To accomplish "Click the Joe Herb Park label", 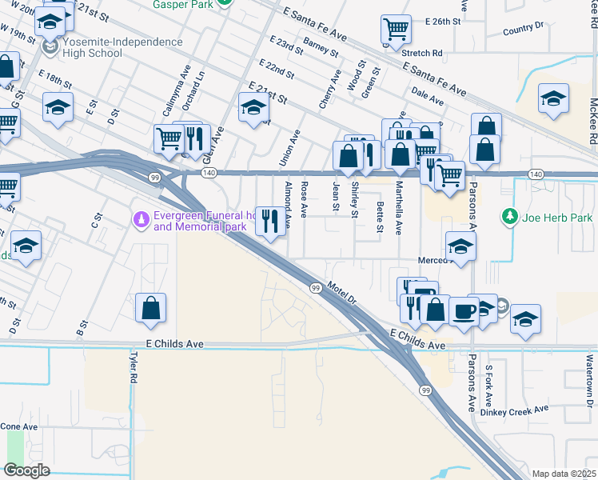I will (x=556, y=217).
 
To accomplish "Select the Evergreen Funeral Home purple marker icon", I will (x=142, y=218).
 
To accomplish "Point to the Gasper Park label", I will (x=189, y=4).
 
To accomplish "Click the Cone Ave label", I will (x=19, y=426).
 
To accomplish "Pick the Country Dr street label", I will (x=524, y=30).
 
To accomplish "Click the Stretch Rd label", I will (x=422, y=54).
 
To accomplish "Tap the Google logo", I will (x=26, y=470).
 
